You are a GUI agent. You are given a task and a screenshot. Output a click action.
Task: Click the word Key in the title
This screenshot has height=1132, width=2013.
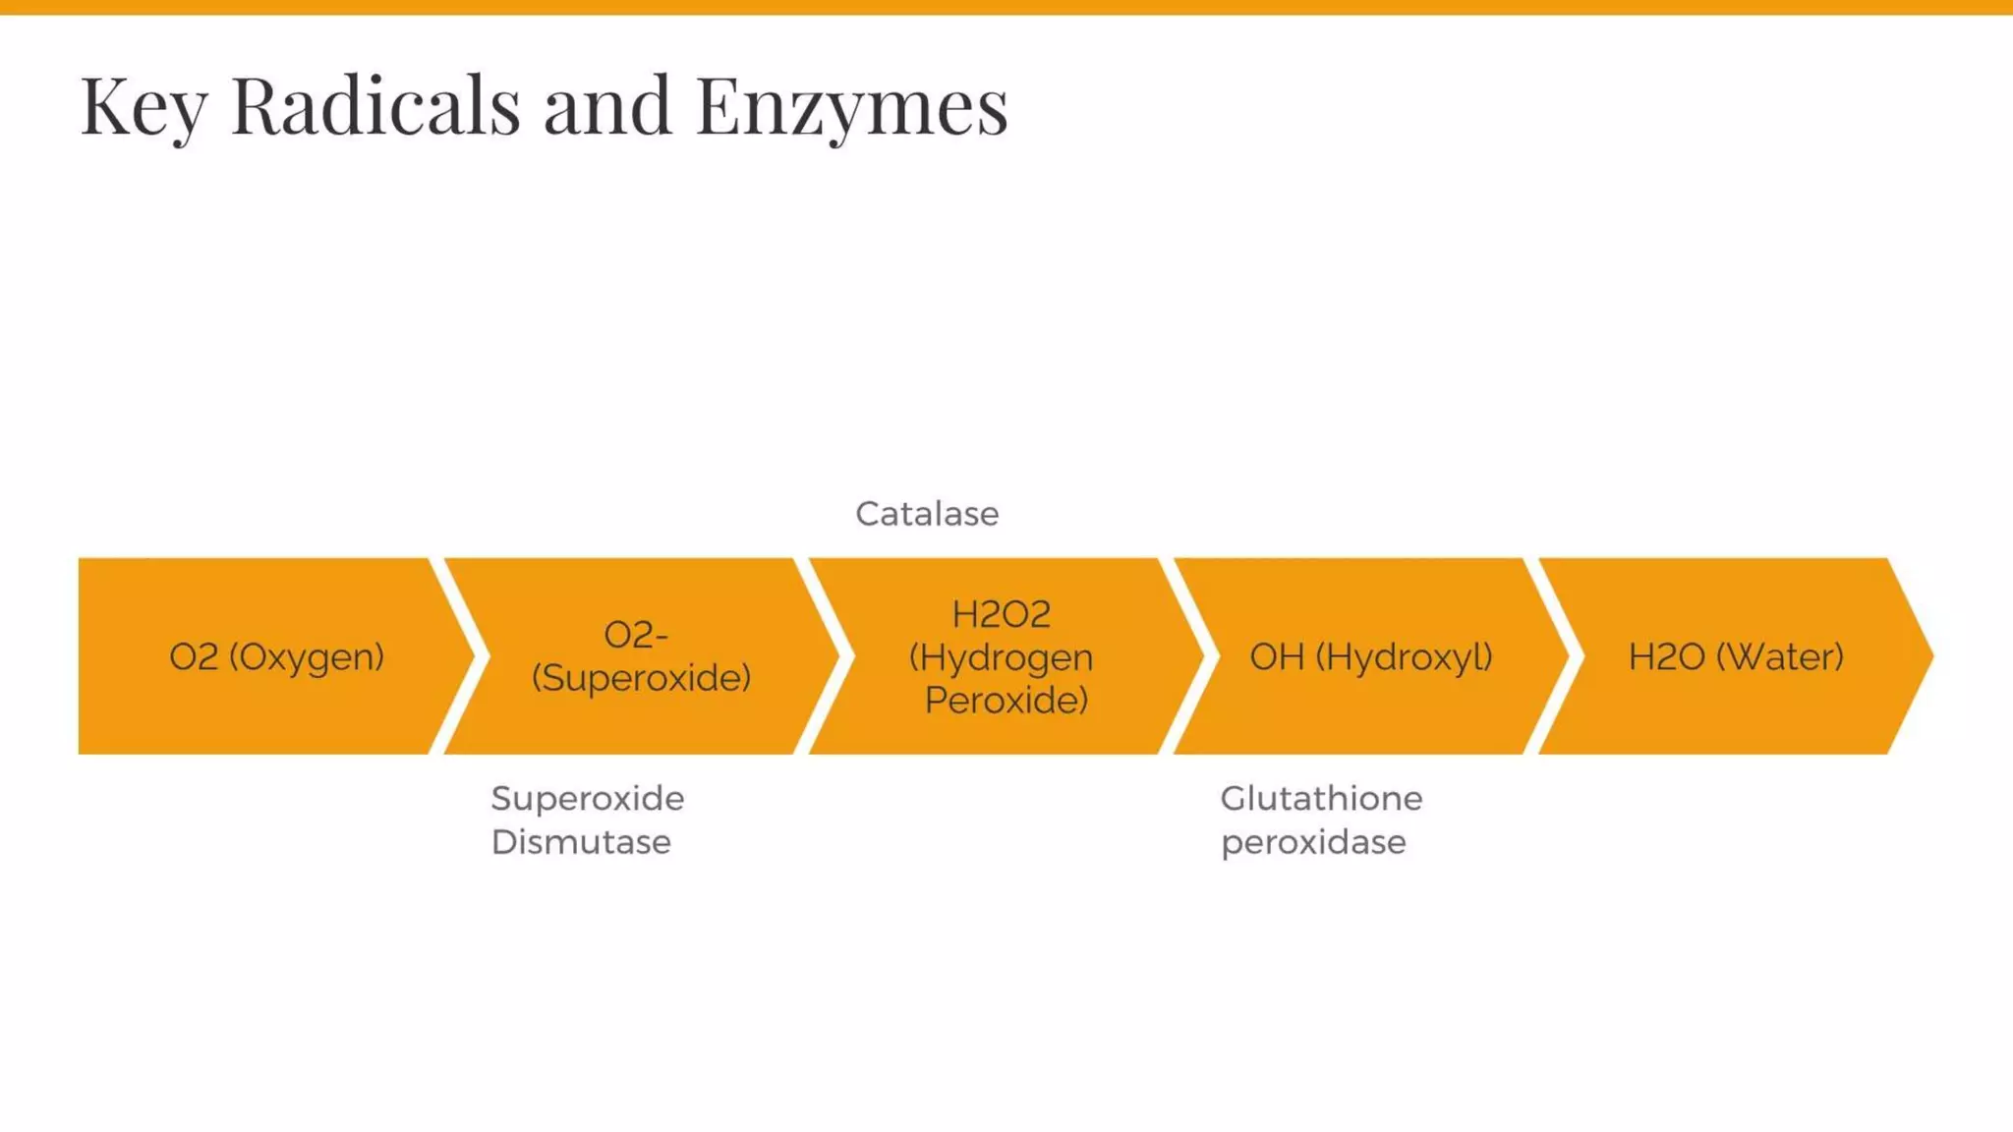[x=144, y=106]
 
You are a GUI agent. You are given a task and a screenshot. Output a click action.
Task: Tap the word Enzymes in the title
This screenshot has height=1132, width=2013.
[x=851, y=106]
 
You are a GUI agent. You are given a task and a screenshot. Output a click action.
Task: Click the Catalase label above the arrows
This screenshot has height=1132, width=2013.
[x=927, y=514]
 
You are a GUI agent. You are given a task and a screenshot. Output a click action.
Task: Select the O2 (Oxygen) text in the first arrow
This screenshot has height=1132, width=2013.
[x=276, y=656]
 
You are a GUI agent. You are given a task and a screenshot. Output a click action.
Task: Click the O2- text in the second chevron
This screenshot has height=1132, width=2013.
[x=636, y=635]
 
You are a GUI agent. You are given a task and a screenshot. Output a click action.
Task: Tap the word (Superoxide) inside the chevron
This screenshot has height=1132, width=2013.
[x=641, y=678]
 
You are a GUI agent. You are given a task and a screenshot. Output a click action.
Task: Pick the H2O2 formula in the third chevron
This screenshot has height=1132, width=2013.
[x=1001, y=614]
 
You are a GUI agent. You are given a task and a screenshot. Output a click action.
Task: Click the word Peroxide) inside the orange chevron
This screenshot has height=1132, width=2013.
[x=1006, y=700]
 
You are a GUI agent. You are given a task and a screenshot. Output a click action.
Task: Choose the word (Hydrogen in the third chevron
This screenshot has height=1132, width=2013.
[x=1001, y=657]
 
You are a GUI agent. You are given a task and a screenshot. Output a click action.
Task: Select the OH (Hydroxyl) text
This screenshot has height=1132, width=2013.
[x=1370, y=656]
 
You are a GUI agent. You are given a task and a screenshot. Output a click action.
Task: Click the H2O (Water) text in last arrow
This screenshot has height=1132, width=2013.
[x=1736, y=656]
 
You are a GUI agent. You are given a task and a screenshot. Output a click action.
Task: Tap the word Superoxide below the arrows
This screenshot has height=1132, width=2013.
[x=588, y=798]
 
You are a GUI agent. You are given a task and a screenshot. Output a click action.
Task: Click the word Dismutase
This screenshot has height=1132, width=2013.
[x=581, y=842]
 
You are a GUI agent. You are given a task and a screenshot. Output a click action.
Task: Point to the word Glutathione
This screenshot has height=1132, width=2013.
[x=1321, y=798]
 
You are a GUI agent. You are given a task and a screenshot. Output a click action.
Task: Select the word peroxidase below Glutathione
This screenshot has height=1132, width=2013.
[x=1313, y=842]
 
